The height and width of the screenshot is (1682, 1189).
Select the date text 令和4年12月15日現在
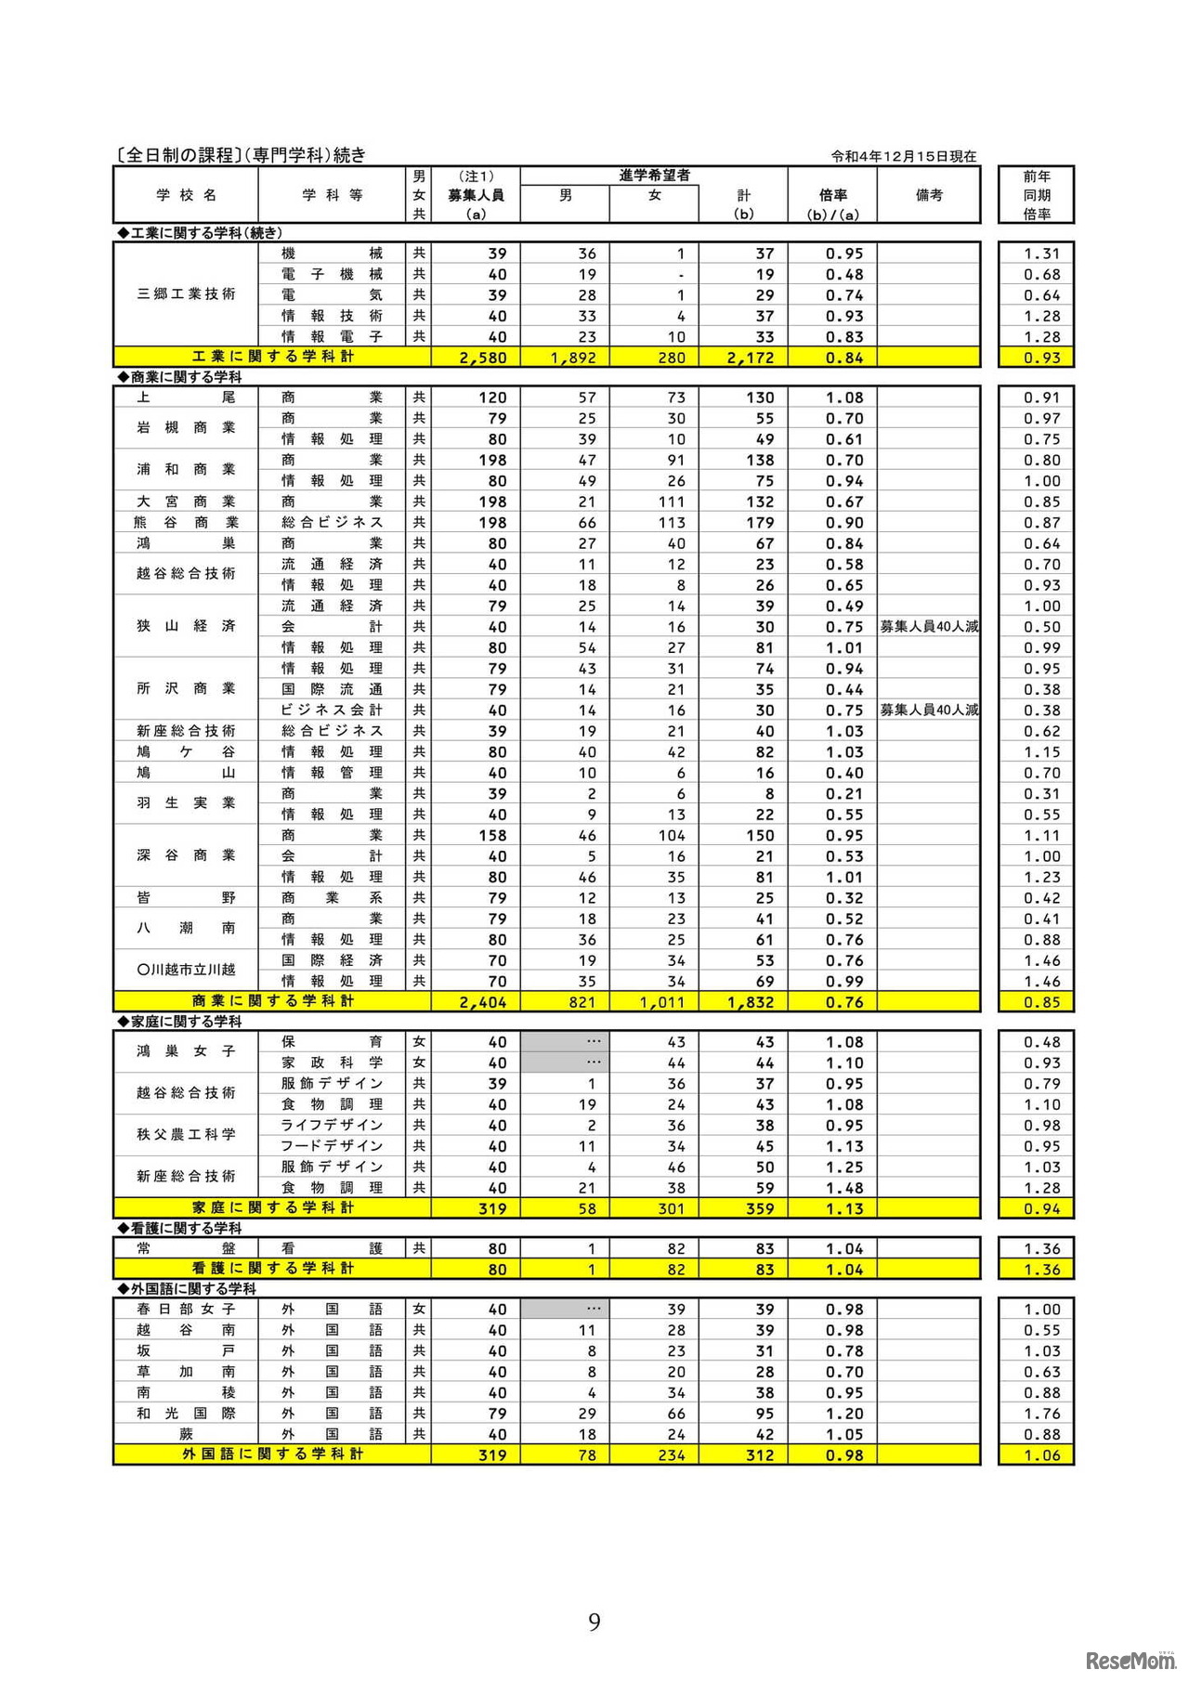[x=903, y=156]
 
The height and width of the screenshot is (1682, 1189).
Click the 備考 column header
[x=928, y=195]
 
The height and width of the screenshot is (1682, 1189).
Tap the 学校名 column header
[x=187, y=195]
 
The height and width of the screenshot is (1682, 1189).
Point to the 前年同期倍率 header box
[x=1036, y=195]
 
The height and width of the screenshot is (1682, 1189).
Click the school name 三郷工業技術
[x=187, y=294]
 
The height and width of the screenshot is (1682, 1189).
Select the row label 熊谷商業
[x=187, y=523]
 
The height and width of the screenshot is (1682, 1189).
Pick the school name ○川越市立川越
[x=187, y=970]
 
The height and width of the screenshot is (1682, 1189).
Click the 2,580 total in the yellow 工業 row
[x=483, y=358]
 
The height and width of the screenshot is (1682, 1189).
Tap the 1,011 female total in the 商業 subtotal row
[x=661, y=1002]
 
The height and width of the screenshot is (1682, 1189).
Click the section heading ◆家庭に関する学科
[x=179, y=1022]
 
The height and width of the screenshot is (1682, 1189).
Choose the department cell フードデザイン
[x=332, y=1146]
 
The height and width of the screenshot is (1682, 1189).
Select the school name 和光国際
[x=187, y=1414]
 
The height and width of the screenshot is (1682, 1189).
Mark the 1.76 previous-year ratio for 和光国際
[x=1041, y=1414]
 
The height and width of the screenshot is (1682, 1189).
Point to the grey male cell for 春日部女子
[x=565, y=1309]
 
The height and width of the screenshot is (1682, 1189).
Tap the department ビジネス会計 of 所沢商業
[x=332, y=711]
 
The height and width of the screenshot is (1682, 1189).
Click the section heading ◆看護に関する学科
[x=179, y=1228]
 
